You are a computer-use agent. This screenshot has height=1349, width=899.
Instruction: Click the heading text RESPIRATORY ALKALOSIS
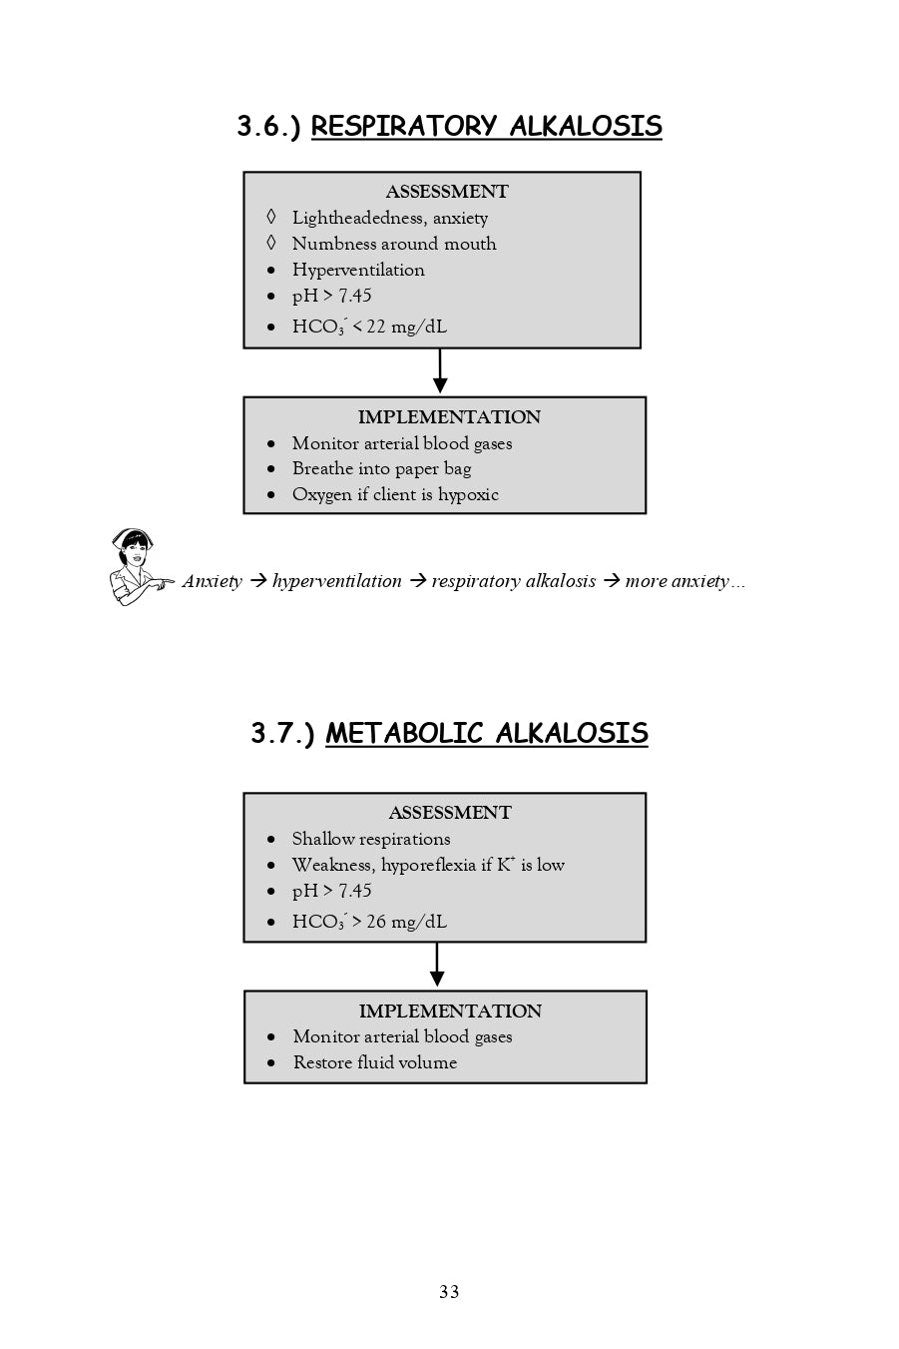pos(486,127)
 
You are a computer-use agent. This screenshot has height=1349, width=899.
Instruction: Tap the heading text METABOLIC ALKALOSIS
pos(486,734)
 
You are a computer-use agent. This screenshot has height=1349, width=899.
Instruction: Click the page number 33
pos(449,1292)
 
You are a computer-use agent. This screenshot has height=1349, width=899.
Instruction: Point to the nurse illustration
pos(136,567)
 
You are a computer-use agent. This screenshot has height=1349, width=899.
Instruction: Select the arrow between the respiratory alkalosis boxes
pos(440,371)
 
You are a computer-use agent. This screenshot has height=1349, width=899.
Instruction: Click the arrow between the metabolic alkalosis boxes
pos(437,966)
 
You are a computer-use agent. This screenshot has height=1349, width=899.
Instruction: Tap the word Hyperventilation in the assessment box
pos(358,271)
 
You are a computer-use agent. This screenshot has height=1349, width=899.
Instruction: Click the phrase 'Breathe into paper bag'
pos(381,469)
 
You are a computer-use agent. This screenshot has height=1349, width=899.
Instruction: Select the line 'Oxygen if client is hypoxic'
pos(395,495)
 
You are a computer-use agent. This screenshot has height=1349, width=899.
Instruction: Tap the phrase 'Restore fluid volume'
pos(375,1063)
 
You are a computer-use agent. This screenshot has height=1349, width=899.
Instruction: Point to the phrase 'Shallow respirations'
pos(371,840)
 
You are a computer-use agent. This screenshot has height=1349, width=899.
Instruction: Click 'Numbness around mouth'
pos(394,245)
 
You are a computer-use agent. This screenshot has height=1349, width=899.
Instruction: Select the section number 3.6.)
pos(268,127)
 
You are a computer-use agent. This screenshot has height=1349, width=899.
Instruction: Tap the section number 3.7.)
pos(282,734)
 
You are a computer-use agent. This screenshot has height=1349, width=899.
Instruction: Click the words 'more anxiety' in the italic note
pos(675,582)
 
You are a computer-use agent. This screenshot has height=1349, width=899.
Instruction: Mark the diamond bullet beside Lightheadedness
pos(270,218)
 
